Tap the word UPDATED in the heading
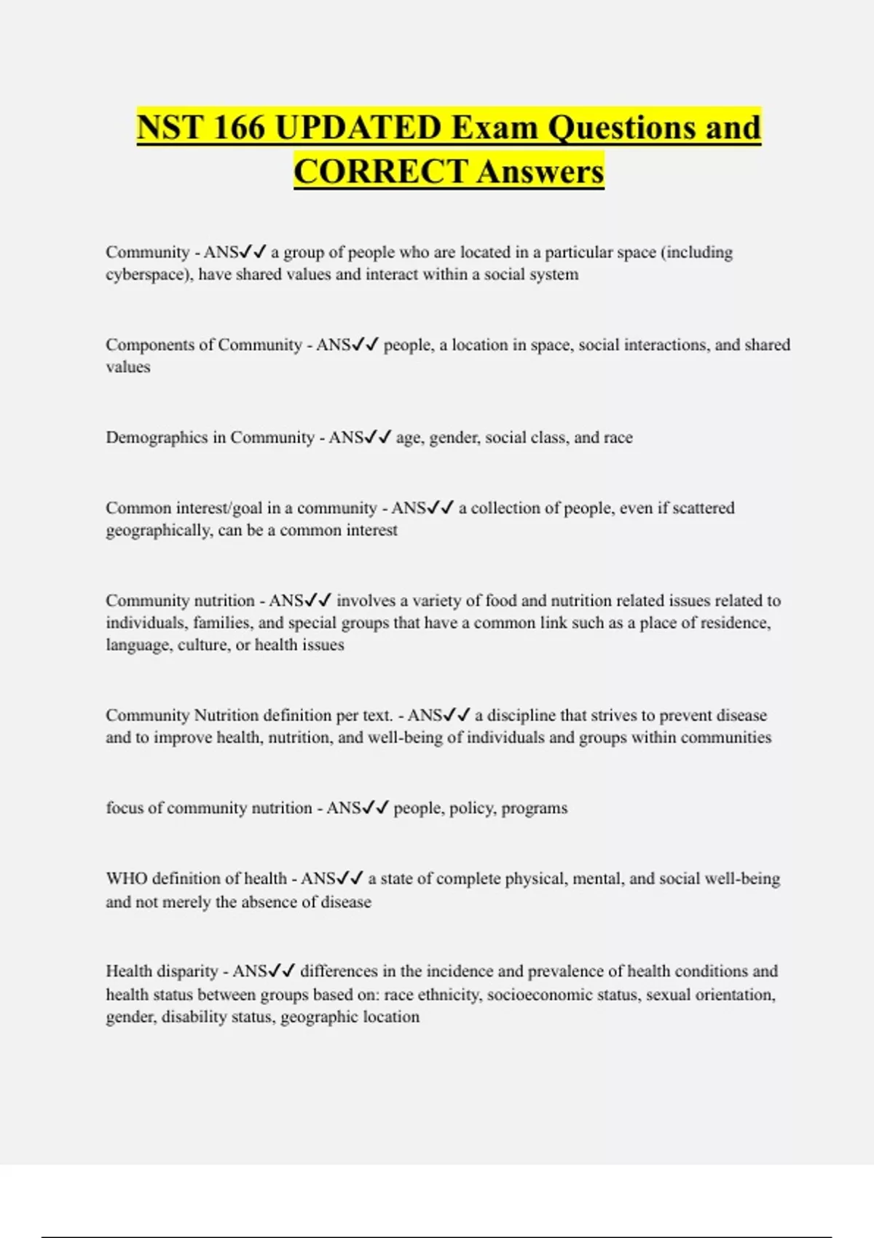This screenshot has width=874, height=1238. [x=359, y=127]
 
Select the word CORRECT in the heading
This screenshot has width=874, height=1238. [x=380, y=172]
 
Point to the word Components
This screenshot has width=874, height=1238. [x=152, y=344]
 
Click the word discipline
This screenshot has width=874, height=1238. [x=521, y=715]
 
